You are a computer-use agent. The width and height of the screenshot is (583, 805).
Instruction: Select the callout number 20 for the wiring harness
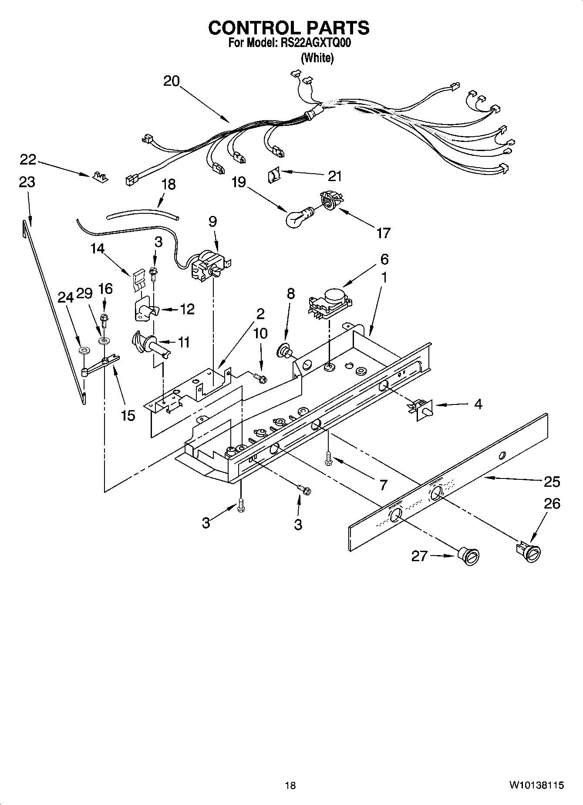point(172,81)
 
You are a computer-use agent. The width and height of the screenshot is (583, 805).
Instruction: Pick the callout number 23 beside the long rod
point(27,182)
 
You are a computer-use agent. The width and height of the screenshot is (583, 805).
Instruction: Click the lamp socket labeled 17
point(331,201)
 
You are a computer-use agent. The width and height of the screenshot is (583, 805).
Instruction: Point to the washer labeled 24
point(83,350)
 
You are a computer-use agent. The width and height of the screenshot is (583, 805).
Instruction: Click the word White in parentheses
point(317,58)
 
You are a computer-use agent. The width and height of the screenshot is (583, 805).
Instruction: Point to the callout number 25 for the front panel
point(552,482)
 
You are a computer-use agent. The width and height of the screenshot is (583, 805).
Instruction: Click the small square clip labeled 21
point(273,175)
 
